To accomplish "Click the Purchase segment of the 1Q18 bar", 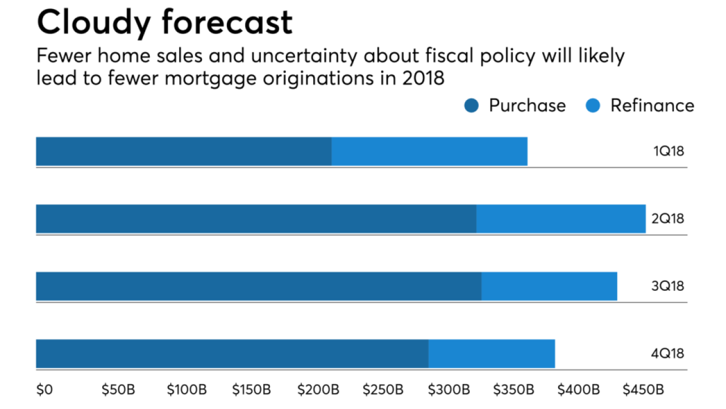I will click(183, 151).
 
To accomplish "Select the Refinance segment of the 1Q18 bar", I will click(429, 151).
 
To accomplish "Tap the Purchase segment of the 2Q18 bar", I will click(256, 219).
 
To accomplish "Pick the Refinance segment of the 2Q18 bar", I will click(561, 219).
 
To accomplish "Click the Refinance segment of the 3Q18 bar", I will click(549, 286).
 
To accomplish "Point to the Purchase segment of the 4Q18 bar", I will click(232, 353).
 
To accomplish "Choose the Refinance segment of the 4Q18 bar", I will click(491, 353).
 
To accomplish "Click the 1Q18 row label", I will click(668, 151).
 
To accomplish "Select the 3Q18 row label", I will click(668, 286).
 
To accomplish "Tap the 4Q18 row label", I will click(668, 353).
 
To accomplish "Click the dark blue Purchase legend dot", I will click(471, 106).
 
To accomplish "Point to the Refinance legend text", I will click(652, 106).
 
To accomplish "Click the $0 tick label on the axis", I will click(44, 390).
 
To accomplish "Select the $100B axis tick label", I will click(187, 390).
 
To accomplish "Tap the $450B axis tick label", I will click(643, 390).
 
